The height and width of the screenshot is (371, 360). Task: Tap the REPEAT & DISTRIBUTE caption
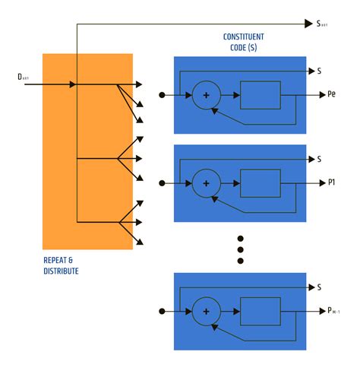61,265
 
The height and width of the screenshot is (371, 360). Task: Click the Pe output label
332,96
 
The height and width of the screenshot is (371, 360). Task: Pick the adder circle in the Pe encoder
205,96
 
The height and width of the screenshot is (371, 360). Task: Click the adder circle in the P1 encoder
205,183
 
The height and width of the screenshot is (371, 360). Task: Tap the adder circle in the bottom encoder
205,311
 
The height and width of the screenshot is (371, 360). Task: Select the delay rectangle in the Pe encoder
261,96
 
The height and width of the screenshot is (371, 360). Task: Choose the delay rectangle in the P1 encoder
261,183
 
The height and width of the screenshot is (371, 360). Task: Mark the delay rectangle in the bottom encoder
261,311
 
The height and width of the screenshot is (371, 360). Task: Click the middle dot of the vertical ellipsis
241,249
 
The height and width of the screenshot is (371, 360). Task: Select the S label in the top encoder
319,71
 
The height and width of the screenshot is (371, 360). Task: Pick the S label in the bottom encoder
319,287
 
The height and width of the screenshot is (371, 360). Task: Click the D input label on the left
24,77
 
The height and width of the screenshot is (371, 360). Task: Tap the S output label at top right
322,24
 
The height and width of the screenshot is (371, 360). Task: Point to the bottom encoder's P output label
334,311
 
